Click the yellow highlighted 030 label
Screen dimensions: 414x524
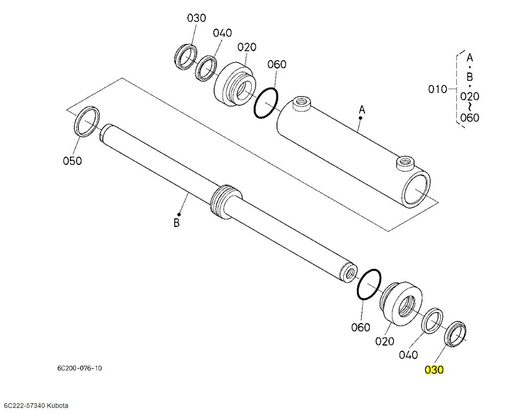[434, 370]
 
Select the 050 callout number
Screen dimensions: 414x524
[72, 161]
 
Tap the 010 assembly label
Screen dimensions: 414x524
[438, 88]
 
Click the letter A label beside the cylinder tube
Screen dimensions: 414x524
[362, 109]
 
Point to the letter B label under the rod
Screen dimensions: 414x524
[177, 223]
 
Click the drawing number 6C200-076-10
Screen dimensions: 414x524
[79, 367]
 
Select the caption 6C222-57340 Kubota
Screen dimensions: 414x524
[36, 406]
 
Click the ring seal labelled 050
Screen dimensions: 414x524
[87, 122]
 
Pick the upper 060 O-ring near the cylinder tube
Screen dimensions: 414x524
[266, 103]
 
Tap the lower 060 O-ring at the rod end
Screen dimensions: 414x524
[369, 284]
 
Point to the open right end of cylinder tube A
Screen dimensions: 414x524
[417, 188]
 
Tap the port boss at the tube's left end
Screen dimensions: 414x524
[300, 103]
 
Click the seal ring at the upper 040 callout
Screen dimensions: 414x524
[206, 69]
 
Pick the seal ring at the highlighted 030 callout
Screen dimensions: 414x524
[455, 334]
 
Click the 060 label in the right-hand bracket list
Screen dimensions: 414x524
[470, 117]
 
